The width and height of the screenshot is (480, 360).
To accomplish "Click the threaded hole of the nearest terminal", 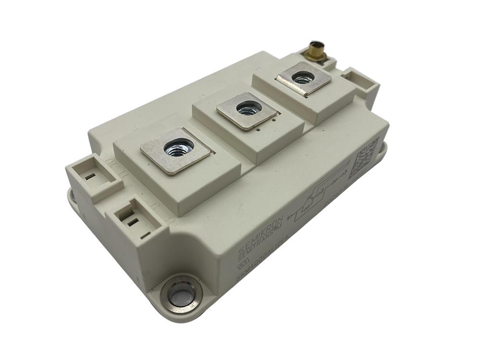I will coord(178,146).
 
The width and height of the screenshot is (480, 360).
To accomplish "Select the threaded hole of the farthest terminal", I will coord(303,77).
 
